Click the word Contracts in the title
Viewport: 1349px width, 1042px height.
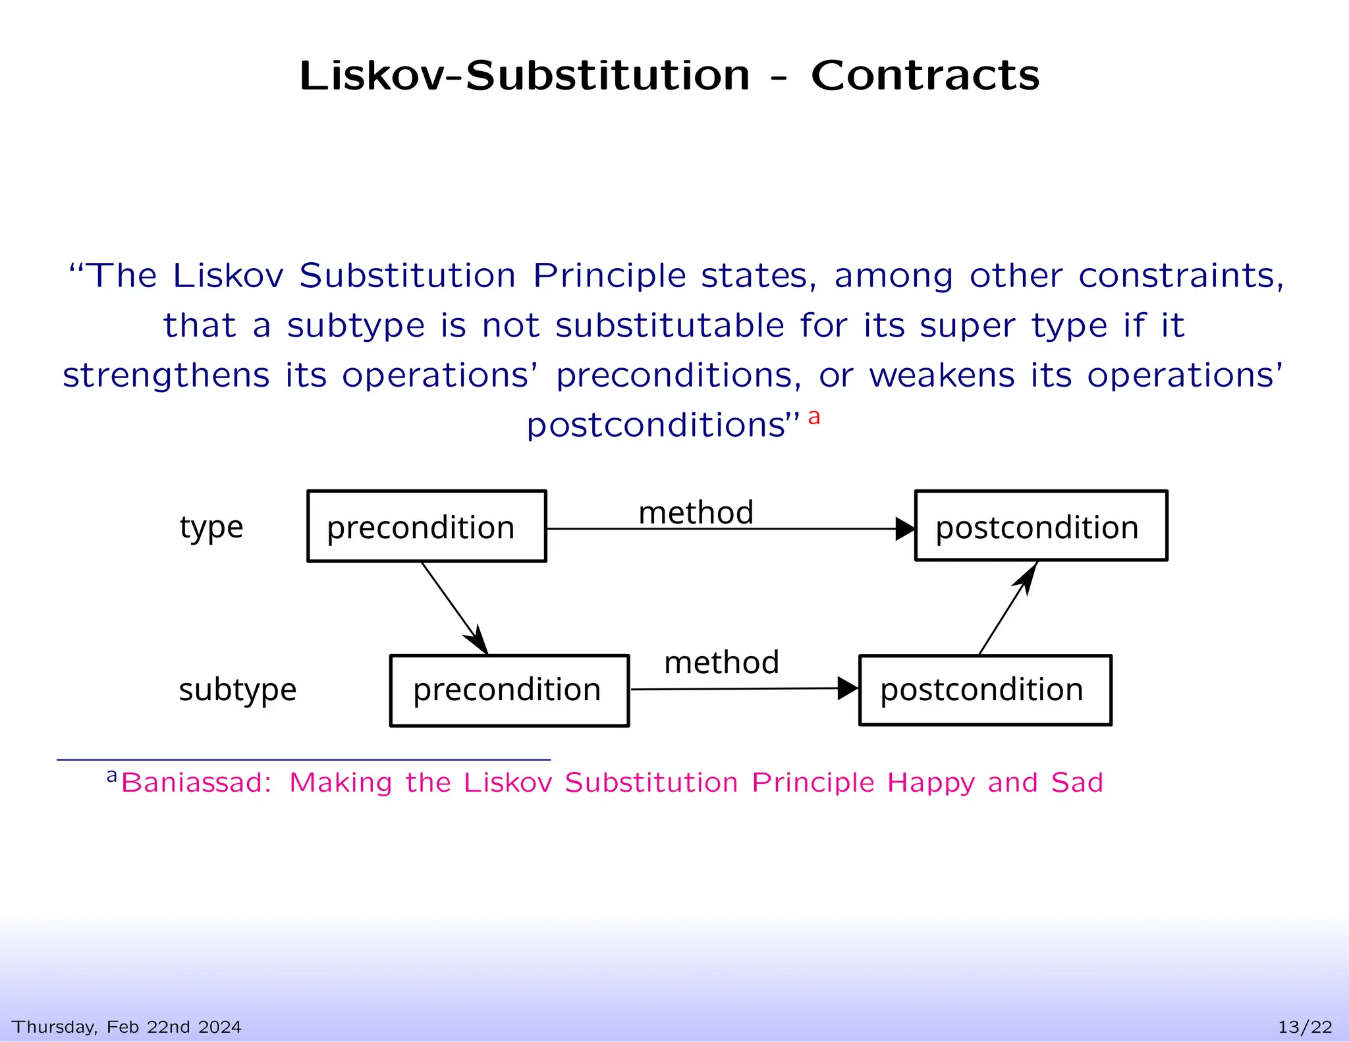pyautogui.click(x=925, y=76)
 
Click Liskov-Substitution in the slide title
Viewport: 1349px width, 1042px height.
pyautogui.click(x=524, y=76)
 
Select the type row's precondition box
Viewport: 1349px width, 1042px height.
pyautogui.click(x=426, y=526)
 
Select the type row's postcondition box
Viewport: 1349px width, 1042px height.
pyautogui.click(x=1041, y=526)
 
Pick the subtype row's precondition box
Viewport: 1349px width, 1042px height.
pyautogui.click(x=509, y=690)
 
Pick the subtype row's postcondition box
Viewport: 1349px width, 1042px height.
pyautogui.click(x=985, y=690)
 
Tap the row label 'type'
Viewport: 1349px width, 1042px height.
pyautogui.click(x=211, y=528)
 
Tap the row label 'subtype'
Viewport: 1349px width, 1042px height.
pyautogui.click(x=238, y=690)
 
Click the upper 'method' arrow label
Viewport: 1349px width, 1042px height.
pyautogui.click(x=696, y=512)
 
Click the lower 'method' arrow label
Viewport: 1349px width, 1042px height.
pyautogui.click(x=721, y=663)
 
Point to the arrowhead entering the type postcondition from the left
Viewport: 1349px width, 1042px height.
pyautogui.click(x=905, y=529)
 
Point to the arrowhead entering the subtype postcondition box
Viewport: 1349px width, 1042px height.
pyautogui.click(x=848, y=689)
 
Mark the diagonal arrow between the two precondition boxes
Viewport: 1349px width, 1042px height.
pyautogui.click(x=454, y=607)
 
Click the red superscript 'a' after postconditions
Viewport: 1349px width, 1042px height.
pyautogui.click(x=814, y=417)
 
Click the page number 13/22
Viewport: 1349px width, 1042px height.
pyautogui.click(x=1305, y=1027)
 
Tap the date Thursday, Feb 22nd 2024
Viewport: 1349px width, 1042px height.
pyautogui.click(x=126, y=1027)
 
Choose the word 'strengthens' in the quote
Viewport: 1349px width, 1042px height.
pyautogui.click(x=166, y=375)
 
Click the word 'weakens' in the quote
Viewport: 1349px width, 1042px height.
pyautogui.click(x=942, y=375)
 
